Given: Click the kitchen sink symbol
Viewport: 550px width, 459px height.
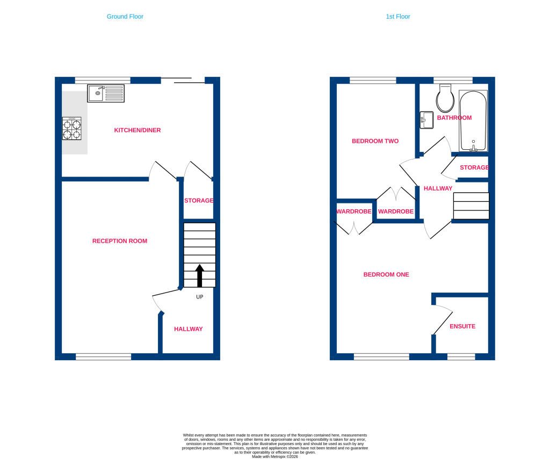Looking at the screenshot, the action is (106, 93).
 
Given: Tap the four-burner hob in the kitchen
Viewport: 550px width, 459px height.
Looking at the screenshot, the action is (72, 129).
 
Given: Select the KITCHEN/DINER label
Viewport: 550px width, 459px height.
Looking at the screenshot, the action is (137, 130).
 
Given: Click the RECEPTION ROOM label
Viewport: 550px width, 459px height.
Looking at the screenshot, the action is (120, 241).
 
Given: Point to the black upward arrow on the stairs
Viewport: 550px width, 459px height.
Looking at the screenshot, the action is (200, 275).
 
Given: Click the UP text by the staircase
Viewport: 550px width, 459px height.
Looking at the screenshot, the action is (200, 297).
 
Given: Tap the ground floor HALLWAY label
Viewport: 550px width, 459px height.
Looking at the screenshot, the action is (189, 329).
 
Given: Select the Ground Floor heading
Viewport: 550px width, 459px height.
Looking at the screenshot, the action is (125, 17).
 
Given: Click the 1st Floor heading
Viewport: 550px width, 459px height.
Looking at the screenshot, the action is (398, 17).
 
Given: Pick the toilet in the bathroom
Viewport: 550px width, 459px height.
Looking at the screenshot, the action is (445, 98).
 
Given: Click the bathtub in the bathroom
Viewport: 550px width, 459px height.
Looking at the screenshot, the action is (473, 121).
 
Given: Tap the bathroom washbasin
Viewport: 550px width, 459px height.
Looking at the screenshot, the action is (426, 120).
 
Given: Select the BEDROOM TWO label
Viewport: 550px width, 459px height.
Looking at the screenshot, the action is (375, 141).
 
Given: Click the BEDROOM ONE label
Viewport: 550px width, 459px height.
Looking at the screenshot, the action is (386, 274).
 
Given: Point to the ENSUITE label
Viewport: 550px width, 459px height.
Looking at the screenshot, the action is (462, 326).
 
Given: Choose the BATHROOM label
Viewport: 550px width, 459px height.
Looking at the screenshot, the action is (454, 118).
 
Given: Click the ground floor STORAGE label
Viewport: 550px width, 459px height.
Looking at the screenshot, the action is (199, 201).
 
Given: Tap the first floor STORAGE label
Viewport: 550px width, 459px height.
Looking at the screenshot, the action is (474, 167).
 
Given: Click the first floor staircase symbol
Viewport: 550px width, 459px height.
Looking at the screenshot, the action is (471, 206).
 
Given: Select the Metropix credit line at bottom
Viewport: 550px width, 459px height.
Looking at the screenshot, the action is (274, 456).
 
